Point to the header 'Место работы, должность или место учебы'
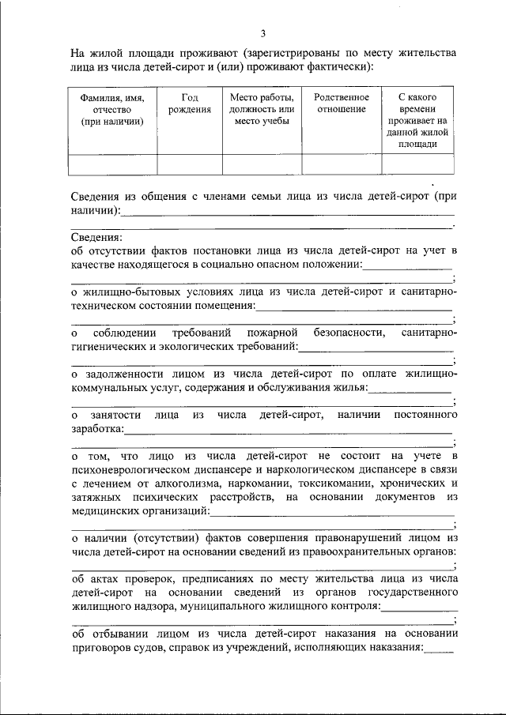click(x=262, y=109)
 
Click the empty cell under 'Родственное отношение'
click(x=342, y=164)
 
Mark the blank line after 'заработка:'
click(x=289, y=431)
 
